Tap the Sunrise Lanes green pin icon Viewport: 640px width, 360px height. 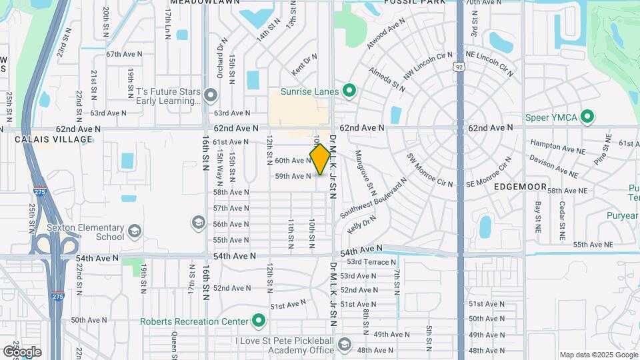[348, 91]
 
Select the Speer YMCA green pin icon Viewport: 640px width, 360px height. [587, 117]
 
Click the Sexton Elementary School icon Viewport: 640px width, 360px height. [134, 231]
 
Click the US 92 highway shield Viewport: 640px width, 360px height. [458, 65]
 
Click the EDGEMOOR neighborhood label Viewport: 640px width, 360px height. [521, 187]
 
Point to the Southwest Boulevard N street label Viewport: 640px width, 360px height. [373, 199]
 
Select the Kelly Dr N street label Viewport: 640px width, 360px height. [362, 225]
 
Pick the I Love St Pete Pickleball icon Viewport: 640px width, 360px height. [345, 345]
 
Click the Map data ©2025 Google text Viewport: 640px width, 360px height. [598, 355]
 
